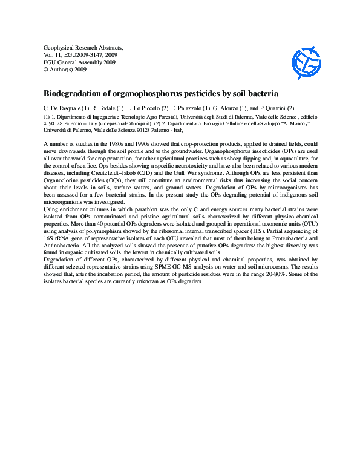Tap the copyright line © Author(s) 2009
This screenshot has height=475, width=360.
click(x=66, y=70)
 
